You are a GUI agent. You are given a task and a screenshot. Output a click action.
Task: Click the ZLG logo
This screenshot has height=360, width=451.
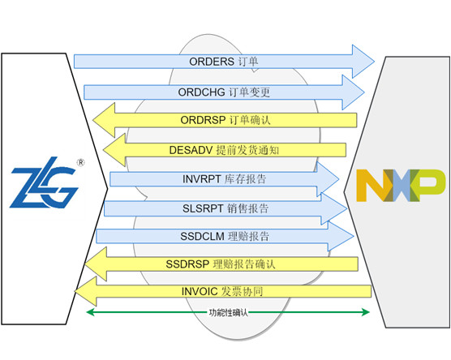(45, 182)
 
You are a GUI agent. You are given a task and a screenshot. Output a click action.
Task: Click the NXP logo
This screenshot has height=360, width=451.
(401, 186)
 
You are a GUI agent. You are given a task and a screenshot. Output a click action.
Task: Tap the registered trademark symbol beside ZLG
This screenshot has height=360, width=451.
(81, 162)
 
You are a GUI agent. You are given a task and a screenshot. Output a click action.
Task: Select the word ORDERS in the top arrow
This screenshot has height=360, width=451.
(212, 62)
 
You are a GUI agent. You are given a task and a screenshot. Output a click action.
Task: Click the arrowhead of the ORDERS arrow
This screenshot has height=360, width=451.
(363, 62)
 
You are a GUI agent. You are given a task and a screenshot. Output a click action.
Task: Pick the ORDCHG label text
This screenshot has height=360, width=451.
(201, 92)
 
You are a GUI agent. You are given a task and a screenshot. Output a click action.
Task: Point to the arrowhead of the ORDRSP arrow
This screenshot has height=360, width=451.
(104, 120)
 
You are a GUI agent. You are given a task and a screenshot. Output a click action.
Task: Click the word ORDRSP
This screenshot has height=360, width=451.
(203, 120)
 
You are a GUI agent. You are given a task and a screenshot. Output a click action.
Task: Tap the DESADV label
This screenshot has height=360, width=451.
(191, 150)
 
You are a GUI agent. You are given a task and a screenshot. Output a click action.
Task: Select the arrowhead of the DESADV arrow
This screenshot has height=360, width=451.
(114, 150)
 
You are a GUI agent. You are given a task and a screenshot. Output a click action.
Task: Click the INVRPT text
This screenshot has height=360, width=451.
(202, 179)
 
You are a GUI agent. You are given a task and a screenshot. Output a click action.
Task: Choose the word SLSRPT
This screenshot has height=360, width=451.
(203, 208)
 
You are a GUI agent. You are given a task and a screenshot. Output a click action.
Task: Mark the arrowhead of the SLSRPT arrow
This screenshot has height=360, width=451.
(334, 208)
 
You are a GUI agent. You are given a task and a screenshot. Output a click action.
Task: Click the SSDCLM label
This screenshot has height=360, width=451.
(202, 237)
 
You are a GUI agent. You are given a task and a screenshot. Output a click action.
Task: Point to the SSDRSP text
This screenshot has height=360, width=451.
(187, 264)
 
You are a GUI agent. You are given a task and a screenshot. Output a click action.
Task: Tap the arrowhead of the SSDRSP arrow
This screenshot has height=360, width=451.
(96, 264)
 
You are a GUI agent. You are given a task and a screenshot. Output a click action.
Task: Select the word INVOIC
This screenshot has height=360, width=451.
(200, 291)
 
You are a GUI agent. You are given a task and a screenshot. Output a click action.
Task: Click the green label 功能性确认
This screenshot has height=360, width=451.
(228, 312)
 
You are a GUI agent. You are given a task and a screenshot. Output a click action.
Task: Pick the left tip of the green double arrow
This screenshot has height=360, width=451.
(87, 312)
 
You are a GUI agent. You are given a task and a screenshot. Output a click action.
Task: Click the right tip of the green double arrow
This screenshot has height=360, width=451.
(370, 312)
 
